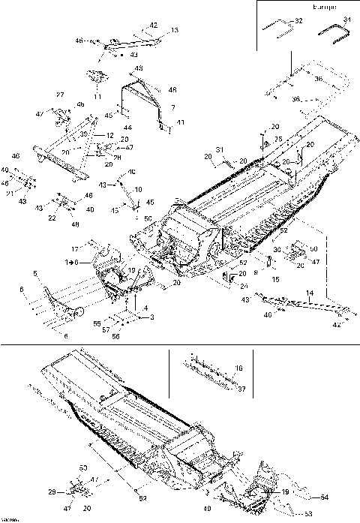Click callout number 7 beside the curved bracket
click(173, 108)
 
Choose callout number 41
click(180, 122)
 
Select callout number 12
click(110, 135)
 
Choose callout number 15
click(275, 279)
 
